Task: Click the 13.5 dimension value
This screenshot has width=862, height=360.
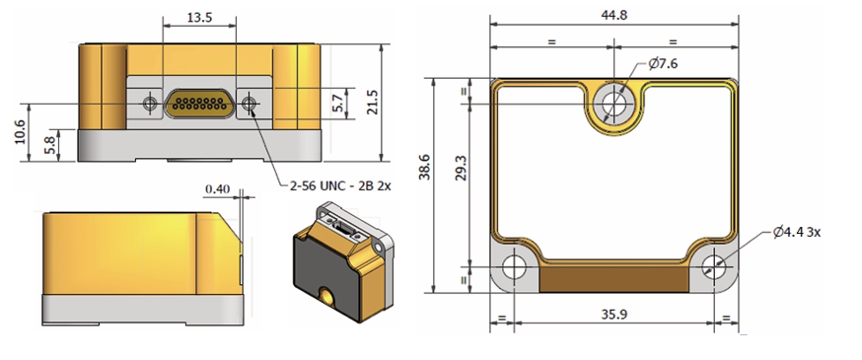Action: (199, 17)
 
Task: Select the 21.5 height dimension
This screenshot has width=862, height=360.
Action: (372, 103)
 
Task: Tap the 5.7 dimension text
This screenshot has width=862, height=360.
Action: (338, 104)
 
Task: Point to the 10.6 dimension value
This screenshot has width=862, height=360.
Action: (20, 132)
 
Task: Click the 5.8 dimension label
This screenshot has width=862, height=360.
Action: (49, 146)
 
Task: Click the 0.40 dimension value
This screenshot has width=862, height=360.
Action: (218, 189)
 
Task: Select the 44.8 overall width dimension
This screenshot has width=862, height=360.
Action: (614, 16)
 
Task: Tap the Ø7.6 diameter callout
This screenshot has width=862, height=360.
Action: (663, 64)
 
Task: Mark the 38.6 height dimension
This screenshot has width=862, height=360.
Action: (424, 167)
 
